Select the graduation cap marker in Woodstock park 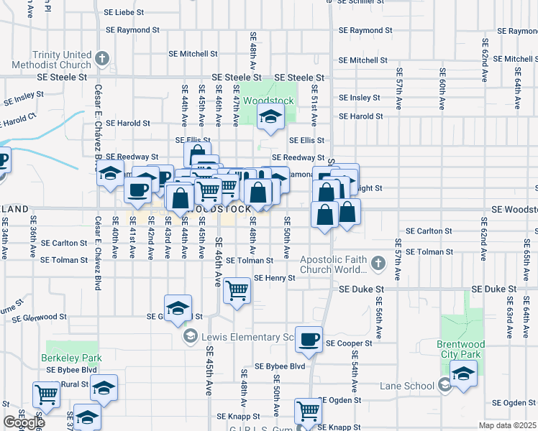click(270, 118)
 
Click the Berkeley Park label click(72, 357)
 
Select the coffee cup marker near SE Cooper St click(309, 340)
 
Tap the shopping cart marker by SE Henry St click(237, 292)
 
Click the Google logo click(24, 422)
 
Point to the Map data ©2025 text click(507, 425)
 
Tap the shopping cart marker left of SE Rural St click(46, 394)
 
